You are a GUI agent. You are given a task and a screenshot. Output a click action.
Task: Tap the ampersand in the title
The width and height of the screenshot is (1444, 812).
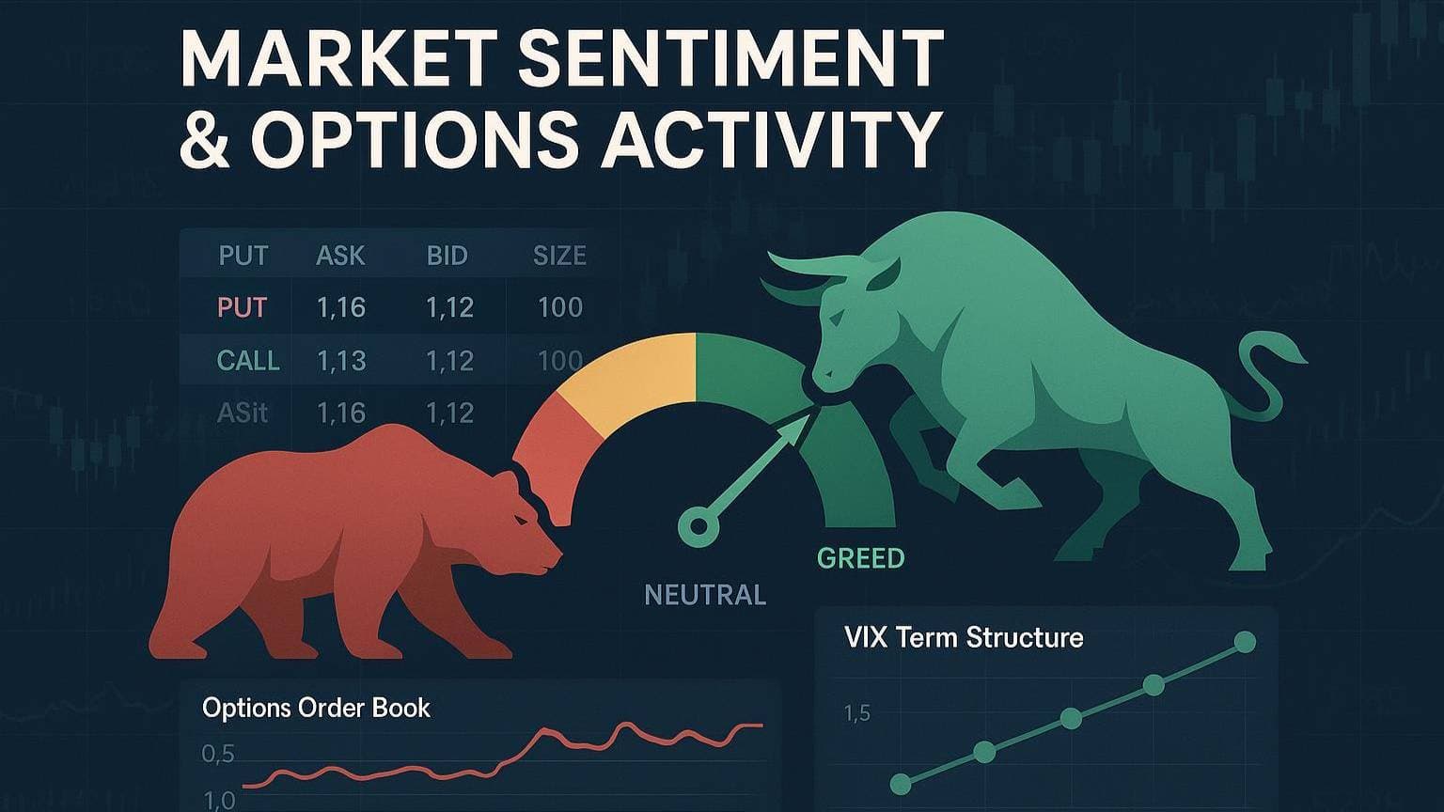coord(204,138)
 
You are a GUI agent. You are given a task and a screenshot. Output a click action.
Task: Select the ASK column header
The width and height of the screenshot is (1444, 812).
coord(340,256)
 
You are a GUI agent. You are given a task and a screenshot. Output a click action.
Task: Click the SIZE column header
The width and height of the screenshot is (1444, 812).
coord(559,256)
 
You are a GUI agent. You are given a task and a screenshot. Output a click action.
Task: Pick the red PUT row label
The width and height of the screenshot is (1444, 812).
coord(243,307)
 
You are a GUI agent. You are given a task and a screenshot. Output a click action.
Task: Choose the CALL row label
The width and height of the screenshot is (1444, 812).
coord(248,360)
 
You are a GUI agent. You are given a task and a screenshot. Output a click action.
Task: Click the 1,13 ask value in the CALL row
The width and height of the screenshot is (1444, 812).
coord(341,361)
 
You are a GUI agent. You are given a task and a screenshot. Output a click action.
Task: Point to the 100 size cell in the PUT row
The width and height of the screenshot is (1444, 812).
coord(560,307)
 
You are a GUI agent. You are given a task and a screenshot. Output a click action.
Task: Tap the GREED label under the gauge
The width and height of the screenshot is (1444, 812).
coord(860,558)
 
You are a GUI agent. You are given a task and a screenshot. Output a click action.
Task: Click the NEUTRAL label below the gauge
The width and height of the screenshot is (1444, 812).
coord(705,595)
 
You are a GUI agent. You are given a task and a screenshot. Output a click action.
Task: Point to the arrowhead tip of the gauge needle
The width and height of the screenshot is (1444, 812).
coord(809,415)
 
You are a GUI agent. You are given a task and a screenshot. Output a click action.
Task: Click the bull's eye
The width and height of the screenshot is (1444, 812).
coord(837,319)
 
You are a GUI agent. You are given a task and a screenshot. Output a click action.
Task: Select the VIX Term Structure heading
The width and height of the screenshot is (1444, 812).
coord(963,638)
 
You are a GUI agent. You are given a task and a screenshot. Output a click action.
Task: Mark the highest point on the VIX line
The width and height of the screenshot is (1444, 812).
coord(1245,643)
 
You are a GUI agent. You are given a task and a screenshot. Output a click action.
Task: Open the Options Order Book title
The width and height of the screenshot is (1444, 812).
coord(316,709)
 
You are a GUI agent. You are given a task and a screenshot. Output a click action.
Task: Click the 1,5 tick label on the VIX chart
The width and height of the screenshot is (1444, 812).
coord(857,713)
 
